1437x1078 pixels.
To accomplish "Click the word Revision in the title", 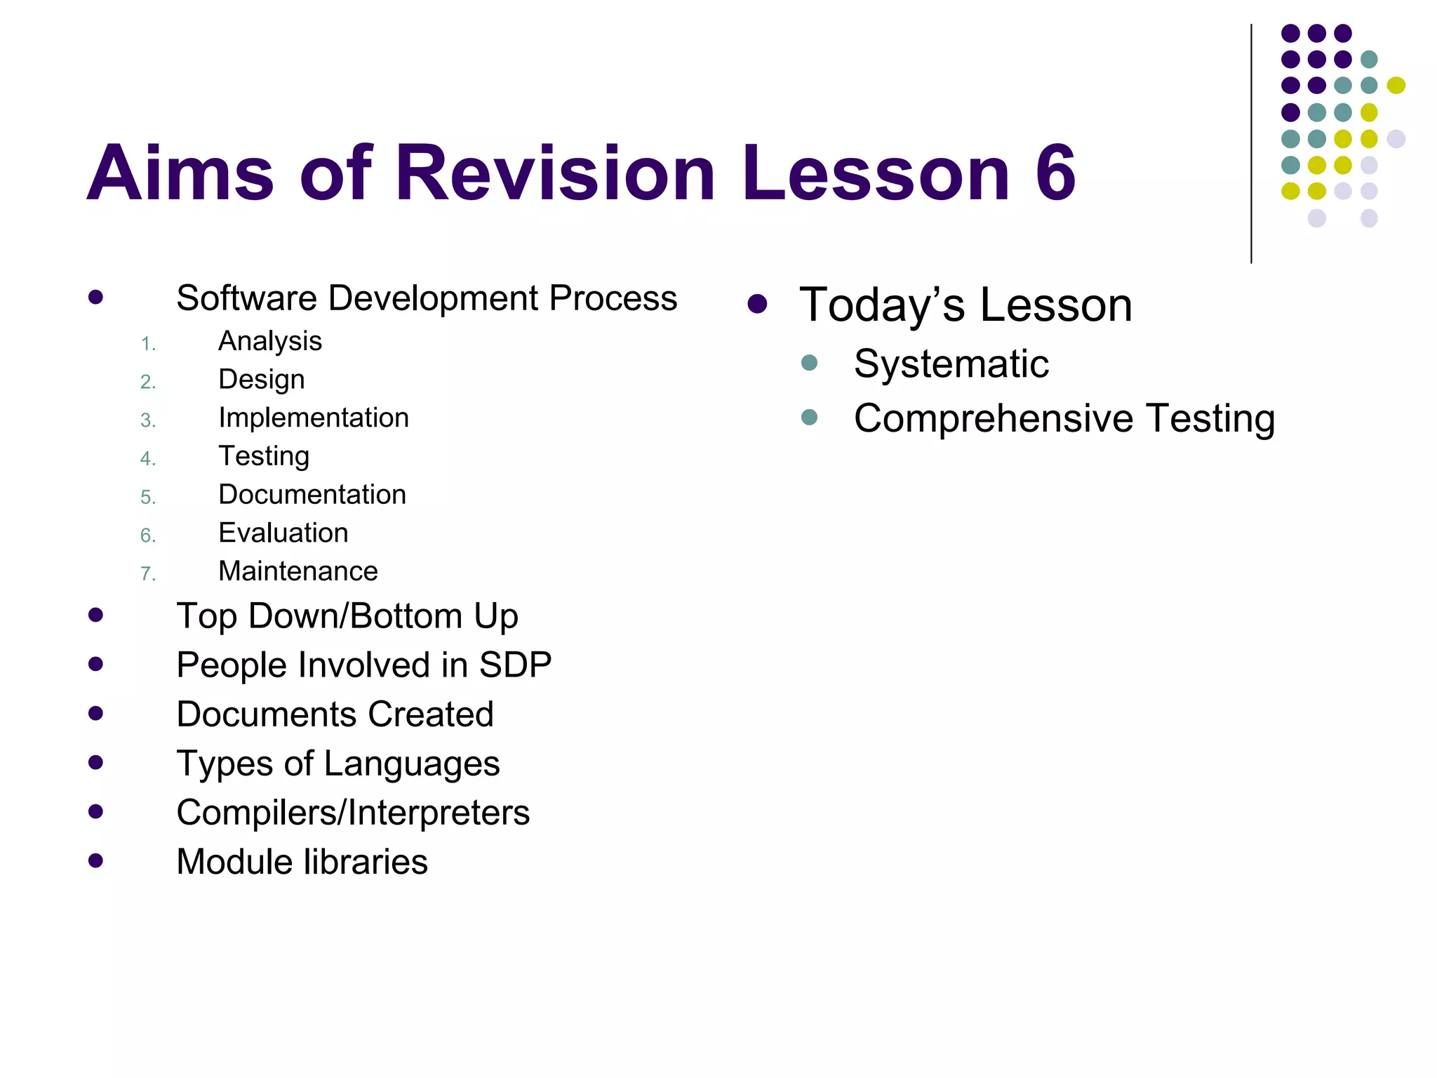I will [x=554, y=173].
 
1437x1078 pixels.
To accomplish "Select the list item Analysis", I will [x=270, y=342].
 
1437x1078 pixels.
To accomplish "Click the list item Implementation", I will [x=313, y=418].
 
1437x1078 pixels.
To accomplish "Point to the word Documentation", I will [x=312, y=495].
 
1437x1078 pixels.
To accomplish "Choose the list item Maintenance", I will [x=298, y=571].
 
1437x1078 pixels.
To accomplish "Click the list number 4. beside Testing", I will [x=147, y=459].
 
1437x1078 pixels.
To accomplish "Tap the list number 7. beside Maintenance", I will [x=147, y=574].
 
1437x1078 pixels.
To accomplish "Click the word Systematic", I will [x=951, y=364].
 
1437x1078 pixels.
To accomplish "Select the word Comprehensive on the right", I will [x=993, y=419].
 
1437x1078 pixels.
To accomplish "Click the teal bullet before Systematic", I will [x=809, y=363].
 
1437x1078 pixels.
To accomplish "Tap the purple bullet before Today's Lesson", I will [x=757, y=304].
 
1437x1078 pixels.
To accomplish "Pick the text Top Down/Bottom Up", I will [x=347, y=617].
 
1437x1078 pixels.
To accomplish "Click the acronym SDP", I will [x=515, y=665].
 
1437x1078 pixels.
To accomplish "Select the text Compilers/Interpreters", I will [x=353, y=813].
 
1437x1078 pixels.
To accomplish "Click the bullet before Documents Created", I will [x=96, y=714].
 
